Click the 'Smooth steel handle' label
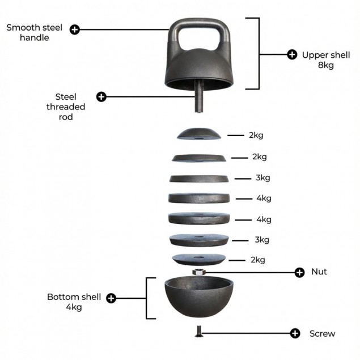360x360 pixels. coord(35,32)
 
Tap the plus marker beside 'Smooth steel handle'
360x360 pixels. coord(74,29)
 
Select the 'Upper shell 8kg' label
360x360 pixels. coord(317,60)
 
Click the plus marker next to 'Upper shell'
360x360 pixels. coord(292,54)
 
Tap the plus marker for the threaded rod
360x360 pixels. coord(101,96)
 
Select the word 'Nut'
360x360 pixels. coord(319,272)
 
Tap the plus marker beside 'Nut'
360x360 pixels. coord(300,272)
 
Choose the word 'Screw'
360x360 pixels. coord(322,333)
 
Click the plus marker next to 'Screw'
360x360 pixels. coord(295,333)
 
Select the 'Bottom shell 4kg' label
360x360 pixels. coord(74,302)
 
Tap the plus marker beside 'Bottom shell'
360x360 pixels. coord(111,298)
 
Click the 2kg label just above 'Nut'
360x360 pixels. coord(257,260)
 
